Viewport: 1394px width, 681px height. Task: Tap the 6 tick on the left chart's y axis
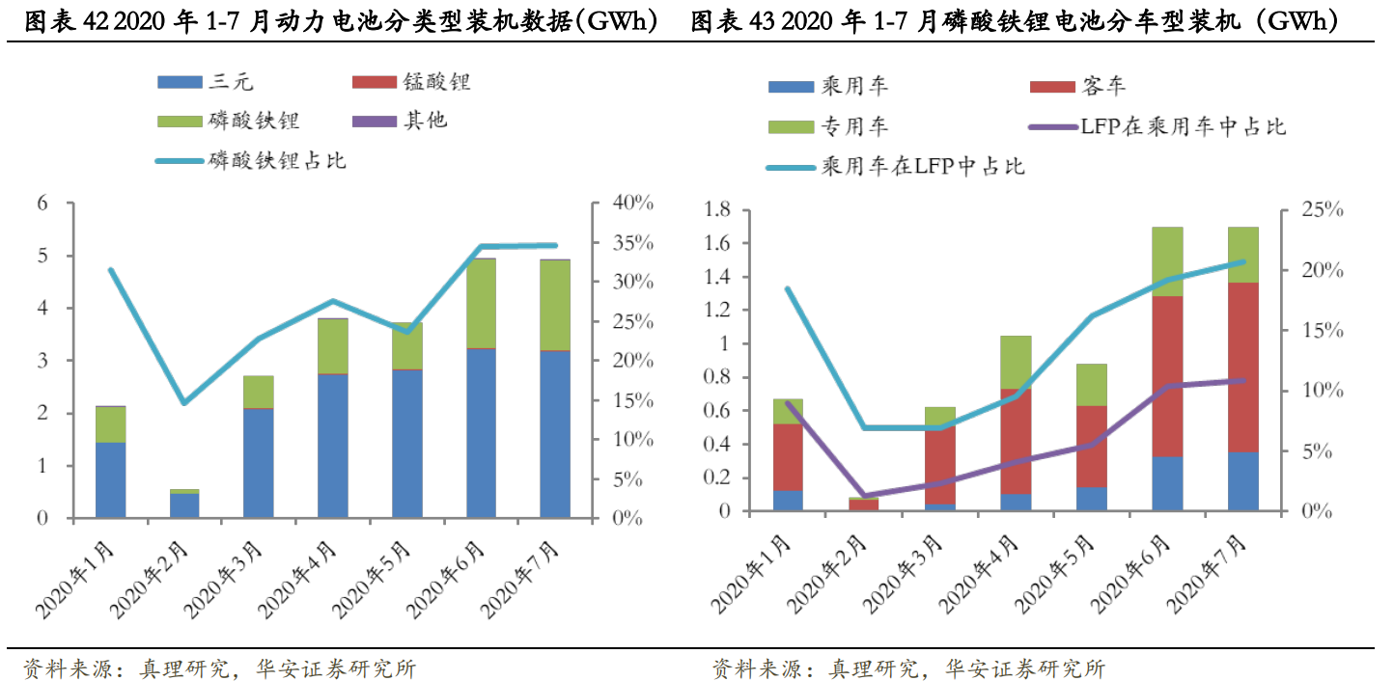42,204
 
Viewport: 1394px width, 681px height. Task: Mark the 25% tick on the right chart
1314,210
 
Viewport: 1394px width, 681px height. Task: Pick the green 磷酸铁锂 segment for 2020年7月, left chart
555,305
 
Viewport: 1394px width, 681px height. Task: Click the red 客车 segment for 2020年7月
1243,367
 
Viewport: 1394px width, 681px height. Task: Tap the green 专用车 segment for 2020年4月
1016,362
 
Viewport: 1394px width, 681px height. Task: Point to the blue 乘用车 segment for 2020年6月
1167,483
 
